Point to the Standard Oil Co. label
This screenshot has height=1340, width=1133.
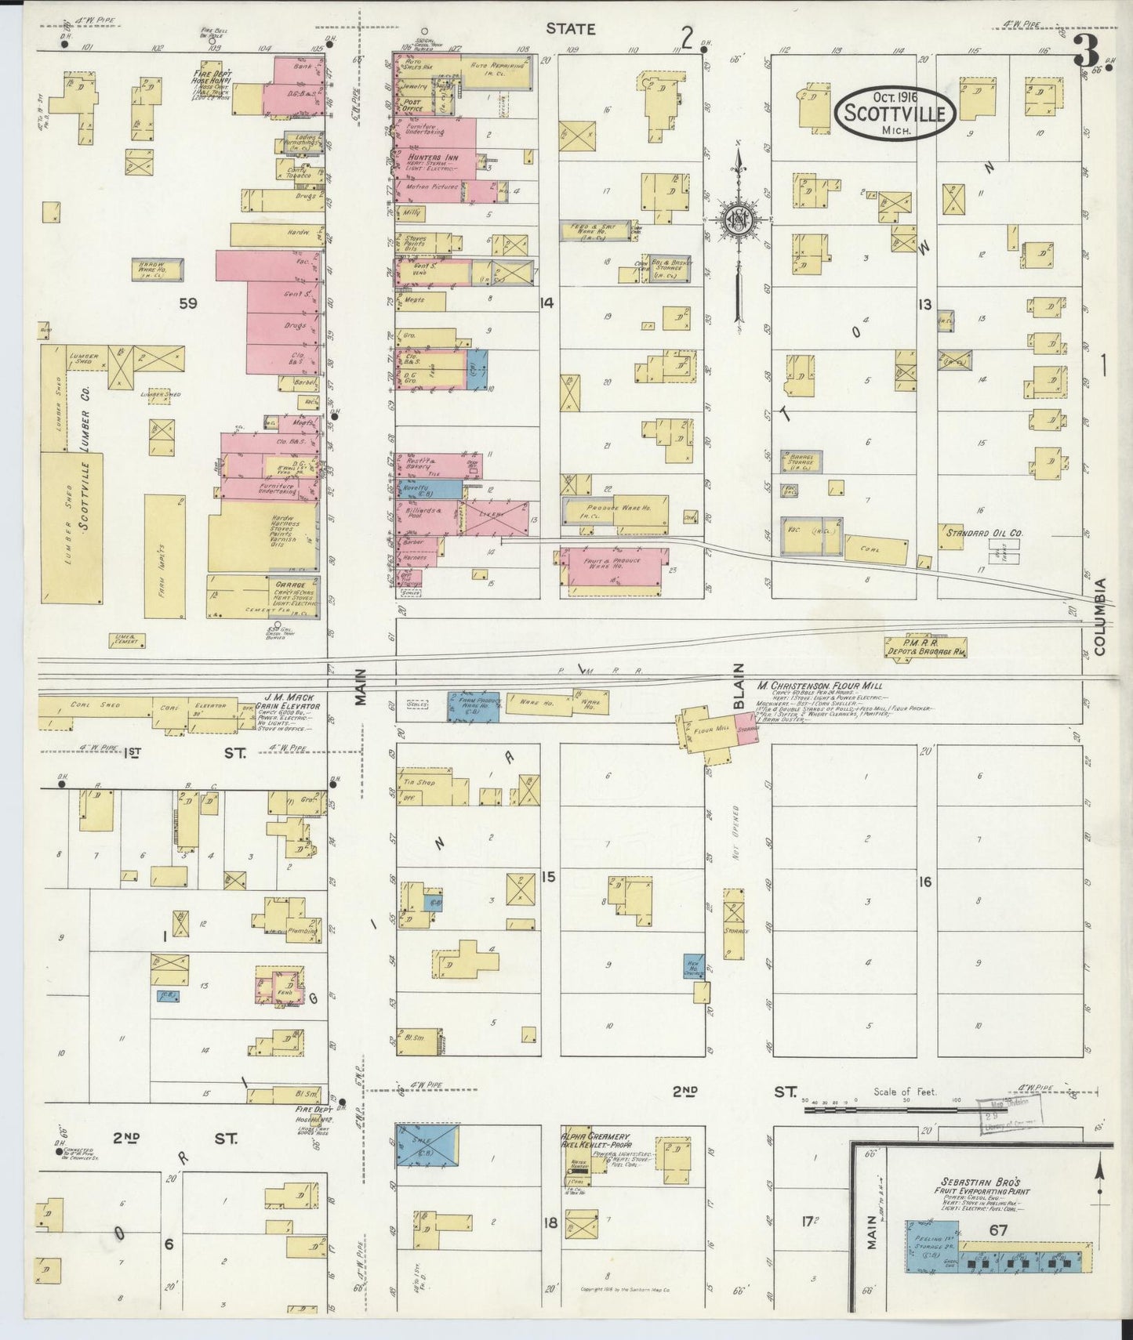pyautogui.click(x=984, y=533)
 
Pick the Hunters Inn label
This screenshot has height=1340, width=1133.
pyautogui.click(x=427, y=157)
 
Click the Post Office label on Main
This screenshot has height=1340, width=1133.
pyautogui.click(x=412, y=105)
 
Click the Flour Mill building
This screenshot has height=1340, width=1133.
pyautogui.click(x=710, y=730)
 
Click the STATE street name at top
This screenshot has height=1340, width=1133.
pyautogui.click(x=570, y=29)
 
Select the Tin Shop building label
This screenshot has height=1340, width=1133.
pyautogui.click(x=413, y=781)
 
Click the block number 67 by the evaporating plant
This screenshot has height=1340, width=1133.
pyautogui.click(x=997, y=1231)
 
